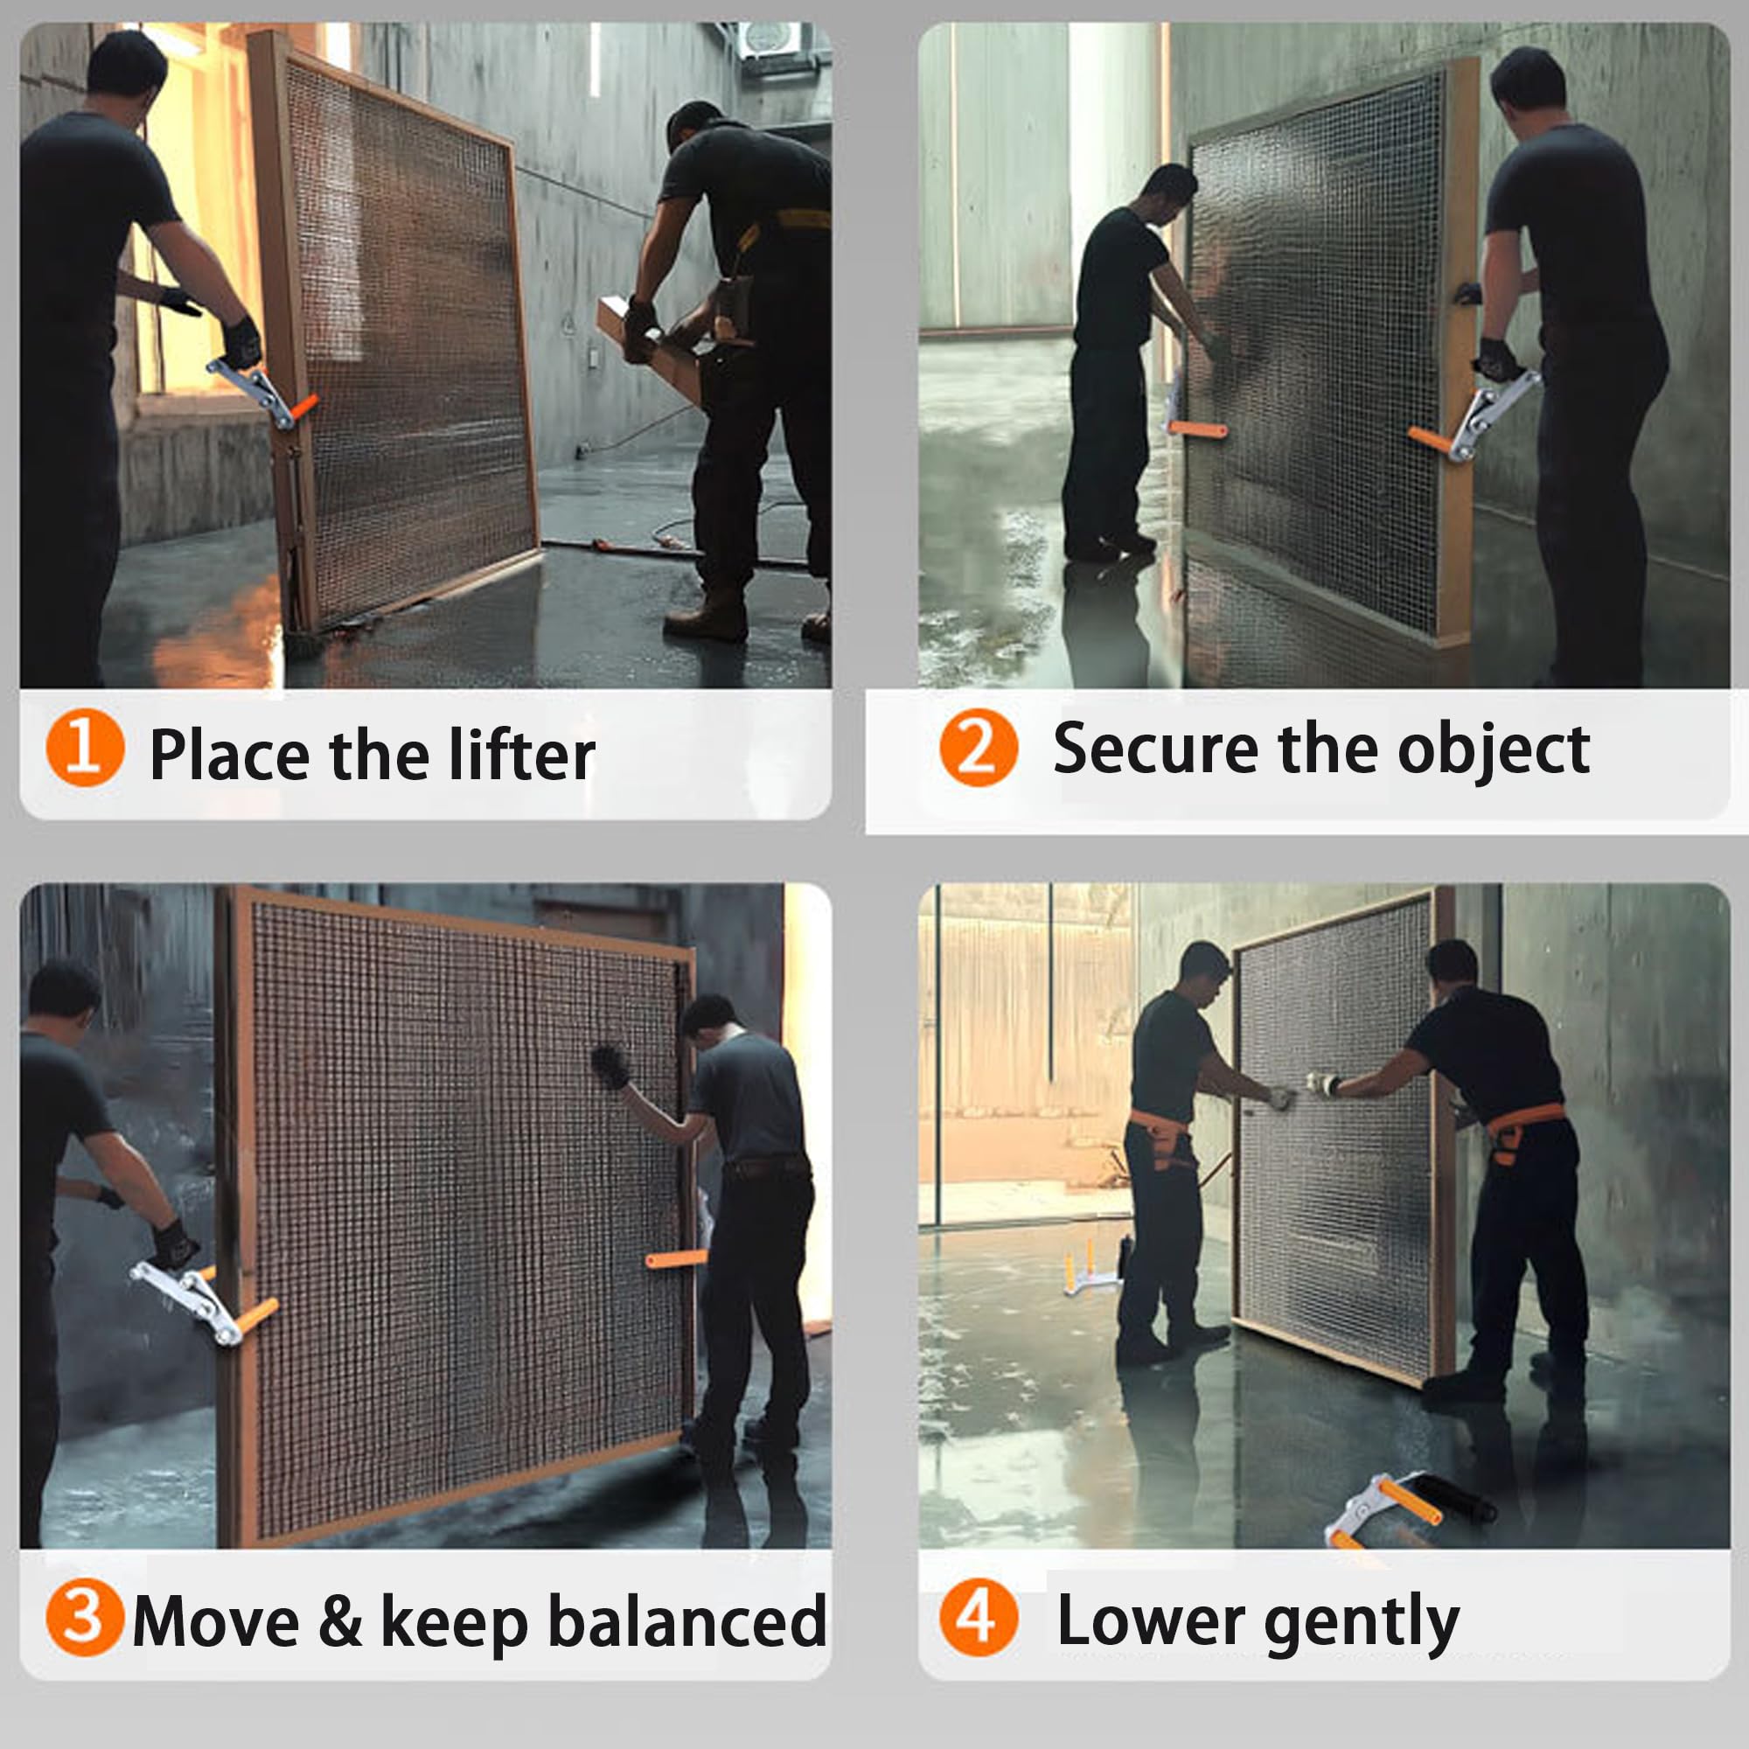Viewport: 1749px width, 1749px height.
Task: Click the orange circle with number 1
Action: [84, 748]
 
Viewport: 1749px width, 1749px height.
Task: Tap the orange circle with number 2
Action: [979, 748]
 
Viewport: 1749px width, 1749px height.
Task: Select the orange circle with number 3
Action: [84, 1617]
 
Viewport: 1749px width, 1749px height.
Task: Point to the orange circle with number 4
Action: [979, 1617]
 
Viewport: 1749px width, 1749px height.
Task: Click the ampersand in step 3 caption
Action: [340, 1620]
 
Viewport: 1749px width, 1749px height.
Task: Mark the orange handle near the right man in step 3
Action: [676, 1258]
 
